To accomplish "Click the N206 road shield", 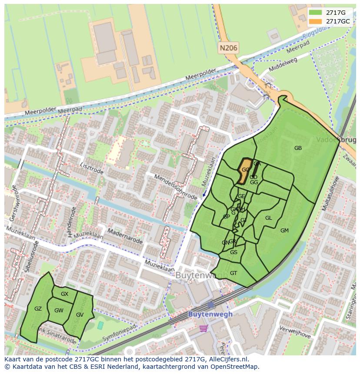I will coord(228,48).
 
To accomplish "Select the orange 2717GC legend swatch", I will coord(316,21).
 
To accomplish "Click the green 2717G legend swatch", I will coord(316,13).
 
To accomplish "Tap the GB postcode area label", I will coord(298,148).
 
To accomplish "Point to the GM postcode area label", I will coord(284,231).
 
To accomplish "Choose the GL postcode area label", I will coord(268,218).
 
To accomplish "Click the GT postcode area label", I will coord(233,273).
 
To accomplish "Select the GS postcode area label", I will coord(233,252).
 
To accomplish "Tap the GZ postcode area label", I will coord(38,309).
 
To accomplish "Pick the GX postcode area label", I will coord(64,294).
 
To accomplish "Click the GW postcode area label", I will coord(59,311).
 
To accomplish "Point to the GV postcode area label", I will coord(80,315).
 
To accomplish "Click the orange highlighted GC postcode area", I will coord(245,170).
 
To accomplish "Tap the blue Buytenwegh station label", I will coord(210,314).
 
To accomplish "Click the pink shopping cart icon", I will coord(203,328).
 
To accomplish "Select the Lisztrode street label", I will coord(92,169).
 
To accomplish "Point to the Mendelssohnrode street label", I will coord(176,187).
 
